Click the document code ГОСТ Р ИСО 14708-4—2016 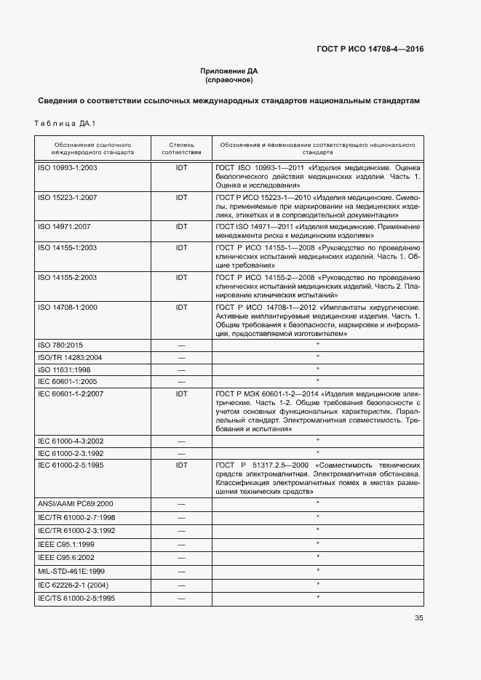(x=370, y=49)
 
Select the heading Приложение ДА (x=229, y=71)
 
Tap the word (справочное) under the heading (x=229, y=80)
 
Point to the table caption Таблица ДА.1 (x=65, y=123)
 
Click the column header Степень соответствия (x=181, y=149)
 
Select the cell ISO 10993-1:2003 (x=67, y=167)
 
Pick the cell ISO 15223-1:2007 (x=67, y=197)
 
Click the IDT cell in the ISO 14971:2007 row (x=181, y=227)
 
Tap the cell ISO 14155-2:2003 (x=67, y=277)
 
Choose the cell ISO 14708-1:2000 (x=67, y=307)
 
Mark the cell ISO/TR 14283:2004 (x=69, y=357)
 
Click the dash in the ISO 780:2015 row (x=181, y=345)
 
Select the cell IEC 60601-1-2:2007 (x=70, y=393)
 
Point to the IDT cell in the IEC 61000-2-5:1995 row (x=181, y=465)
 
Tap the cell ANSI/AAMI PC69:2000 (x=74, y=504)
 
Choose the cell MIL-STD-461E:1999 (x=71, y=571)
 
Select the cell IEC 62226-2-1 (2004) (x=72, y=585)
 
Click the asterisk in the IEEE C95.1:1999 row (x=318, y=544)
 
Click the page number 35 (x=418, y=618)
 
